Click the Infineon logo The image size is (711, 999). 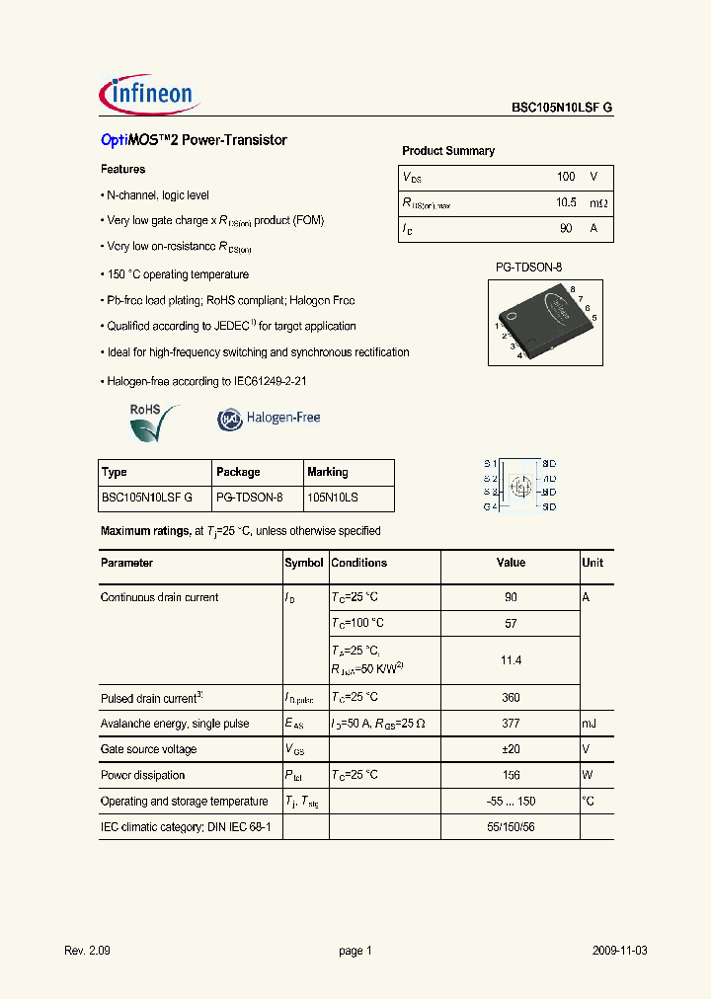click(x=149, y=95)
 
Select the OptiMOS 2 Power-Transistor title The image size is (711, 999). click(x=194, y=140)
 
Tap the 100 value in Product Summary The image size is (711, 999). click(x=565, y=177)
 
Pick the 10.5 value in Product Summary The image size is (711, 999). click(x=565, y=203)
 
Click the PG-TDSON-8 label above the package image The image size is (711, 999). click(x=528, y=268)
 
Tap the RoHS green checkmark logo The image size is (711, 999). click(x=154, y=423)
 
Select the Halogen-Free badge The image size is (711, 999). click(x=269, y=419)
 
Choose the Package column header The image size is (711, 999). click(x=238, y=472)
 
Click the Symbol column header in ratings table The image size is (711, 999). click(x=304, y=563)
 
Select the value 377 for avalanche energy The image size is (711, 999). click(x=511, y=724)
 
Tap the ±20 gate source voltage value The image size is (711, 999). click(x=511, y=749)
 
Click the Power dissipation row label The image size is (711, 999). click(x=143, y=775)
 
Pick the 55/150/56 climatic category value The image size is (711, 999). click(x=511, y=826)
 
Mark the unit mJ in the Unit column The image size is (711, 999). click(x=590, y=724)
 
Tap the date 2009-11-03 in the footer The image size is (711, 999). click(x=620, y=951)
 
